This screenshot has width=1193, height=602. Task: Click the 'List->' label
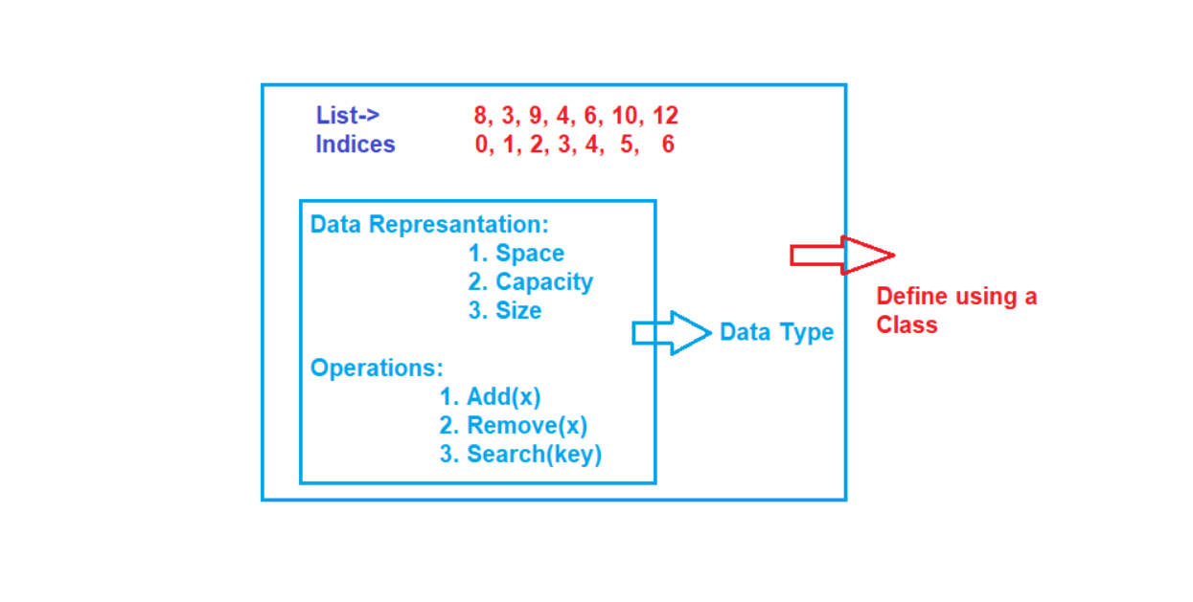348,116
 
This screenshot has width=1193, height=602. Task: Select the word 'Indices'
356,145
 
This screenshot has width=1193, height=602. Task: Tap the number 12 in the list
665,117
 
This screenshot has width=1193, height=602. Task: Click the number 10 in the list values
624,117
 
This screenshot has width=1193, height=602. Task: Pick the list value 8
480,117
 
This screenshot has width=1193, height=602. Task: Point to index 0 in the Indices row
481,145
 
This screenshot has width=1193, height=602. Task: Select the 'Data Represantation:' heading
429,225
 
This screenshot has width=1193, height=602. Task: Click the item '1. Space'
516,254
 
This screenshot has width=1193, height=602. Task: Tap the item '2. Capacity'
530,282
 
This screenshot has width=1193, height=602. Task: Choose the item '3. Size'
504,311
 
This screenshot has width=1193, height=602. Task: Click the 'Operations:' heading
377,368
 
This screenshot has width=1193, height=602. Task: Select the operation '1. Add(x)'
490,397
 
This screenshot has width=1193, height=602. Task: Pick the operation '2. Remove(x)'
513,426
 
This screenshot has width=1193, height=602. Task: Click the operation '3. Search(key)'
520,455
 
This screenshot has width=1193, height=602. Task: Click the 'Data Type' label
776,333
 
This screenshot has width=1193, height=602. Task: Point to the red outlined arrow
841,256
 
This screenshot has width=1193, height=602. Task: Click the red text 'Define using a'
956,297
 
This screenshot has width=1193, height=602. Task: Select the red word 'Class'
906,325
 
